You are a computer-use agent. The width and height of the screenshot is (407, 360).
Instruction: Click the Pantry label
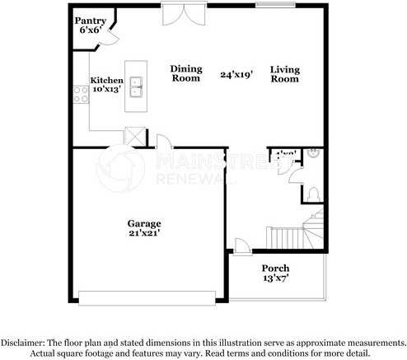[x=89, y=19]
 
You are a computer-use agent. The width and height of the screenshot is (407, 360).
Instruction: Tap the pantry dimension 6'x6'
[x=89, y=30]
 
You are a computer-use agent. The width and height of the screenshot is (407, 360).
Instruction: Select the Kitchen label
[x=106, y=81]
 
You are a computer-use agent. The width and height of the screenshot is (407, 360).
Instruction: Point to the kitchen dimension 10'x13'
[x=106, y=90]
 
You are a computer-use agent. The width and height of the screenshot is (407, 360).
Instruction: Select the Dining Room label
[x=186, y=73]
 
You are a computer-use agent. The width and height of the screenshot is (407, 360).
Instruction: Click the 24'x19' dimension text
[x=236, y=74]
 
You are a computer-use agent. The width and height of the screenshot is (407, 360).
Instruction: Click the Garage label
[x=143, y=223]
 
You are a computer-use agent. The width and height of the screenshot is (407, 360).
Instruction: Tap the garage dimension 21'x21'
[x=143, y=233]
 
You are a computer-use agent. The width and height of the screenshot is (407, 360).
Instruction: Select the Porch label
[x=275, y=269]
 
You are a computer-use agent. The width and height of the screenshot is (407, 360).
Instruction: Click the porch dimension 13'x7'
[x=275, y=278]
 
